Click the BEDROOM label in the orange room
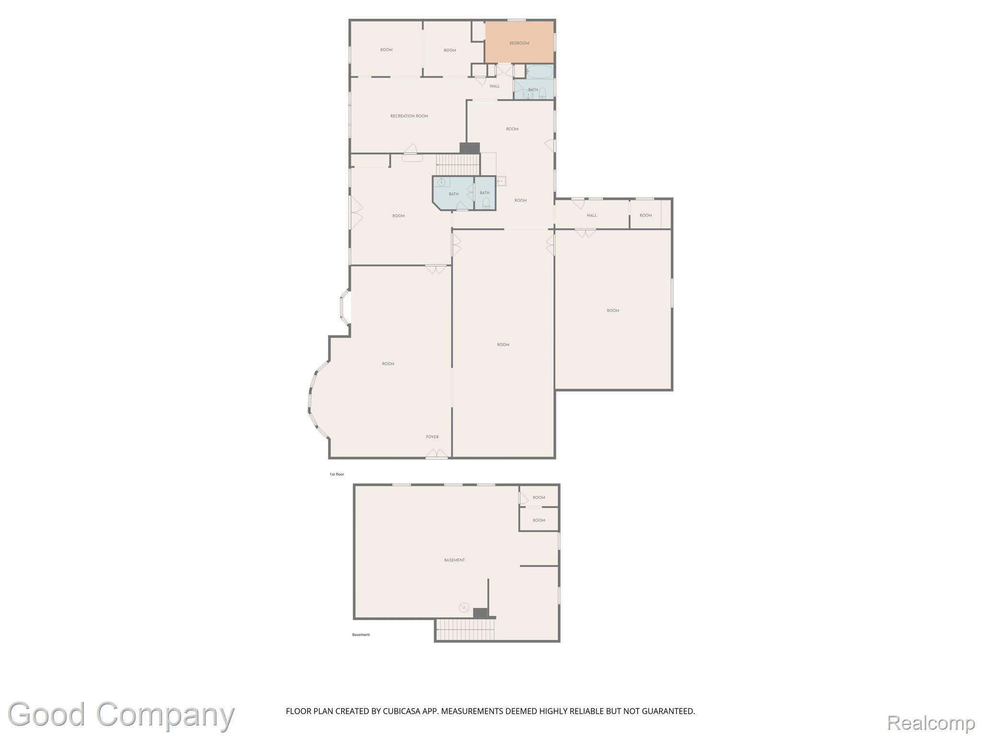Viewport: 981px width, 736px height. click(x=519, y=43)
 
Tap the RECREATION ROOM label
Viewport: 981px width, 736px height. click(x=409, y=116)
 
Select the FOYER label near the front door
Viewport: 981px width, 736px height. click(x=432, y=437)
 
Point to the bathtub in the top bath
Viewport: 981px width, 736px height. click(x=539, y=71)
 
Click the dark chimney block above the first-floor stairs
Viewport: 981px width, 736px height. click(x=469, y=149)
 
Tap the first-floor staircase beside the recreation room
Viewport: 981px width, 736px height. click(x=458, y=164)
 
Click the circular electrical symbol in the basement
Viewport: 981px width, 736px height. click(x=464, y=608)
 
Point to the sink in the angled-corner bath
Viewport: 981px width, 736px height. click(x=441, y=182)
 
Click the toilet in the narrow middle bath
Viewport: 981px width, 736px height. click(x=486, y=203)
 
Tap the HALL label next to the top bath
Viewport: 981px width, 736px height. click(x=495, y=86)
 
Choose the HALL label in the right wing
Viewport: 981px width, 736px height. click(x=592, y=216)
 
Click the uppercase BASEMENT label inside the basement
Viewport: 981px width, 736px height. click(x=455, y=560)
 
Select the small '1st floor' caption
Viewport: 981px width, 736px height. click(x=337, y=474)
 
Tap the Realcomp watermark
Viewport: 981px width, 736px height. click(x=931, y=722)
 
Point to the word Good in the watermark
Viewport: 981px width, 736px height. click(x=47, y=714)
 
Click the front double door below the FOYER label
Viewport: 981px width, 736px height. click(x=437, y=454)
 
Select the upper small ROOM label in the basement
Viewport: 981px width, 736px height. click(x=539, y=497)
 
